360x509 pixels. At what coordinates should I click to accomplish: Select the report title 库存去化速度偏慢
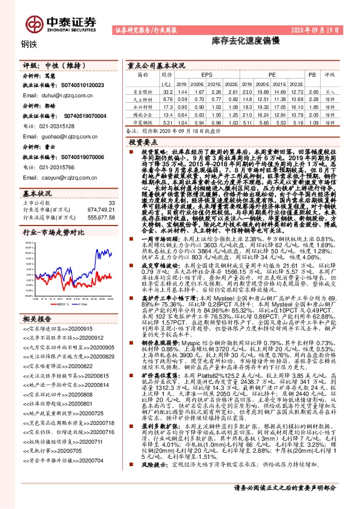(237, 44)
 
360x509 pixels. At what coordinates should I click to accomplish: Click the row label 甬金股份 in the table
(143, 91)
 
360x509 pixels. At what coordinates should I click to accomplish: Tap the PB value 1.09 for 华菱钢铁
(312, 122)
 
